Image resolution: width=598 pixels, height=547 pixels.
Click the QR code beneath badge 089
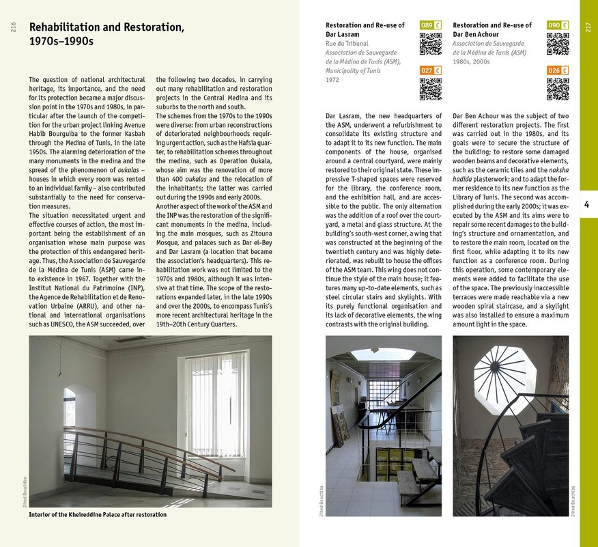coord(431,44)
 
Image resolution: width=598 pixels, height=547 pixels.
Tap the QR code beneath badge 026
coord(558,89)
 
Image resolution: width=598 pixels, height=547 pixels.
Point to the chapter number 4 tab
coord(588,204)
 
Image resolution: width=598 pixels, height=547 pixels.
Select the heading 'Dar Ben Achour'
coord(476,34)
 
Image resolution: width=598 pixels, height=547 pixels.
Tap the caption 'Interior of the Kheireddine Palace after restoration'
coord(98,514)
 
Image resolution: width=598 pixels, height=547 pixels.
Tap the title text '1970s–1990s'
coord(61,42)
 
